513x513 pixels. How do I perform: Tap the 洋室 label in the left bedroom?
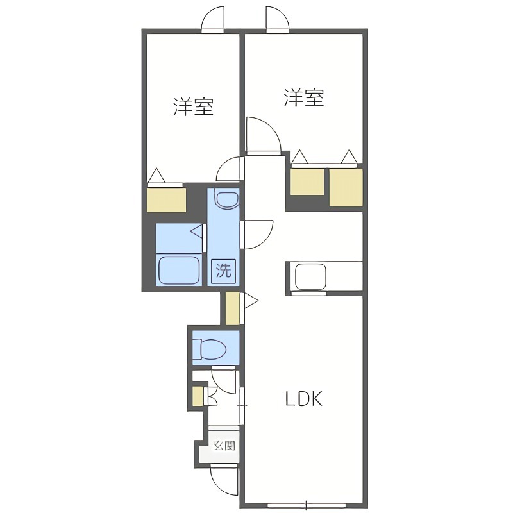[193, 106]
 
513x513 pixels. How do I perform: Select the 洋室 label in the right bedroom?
[304, 98]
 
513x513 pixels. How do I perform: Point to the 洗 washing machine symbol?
[223, 271]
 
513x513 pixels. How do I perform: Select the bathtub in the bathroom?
[180, 270]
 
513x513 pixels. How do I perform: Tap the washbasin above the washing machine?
[226, 200]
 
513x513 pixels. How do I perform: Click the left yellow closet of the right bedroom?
[307, 181]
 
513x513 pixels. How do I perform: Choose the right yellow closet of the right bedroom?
[346, 187]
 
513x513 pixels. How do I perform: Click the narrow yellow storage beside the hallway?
[232, 308]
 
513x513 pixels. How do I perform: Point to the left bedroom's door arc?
[228, 171]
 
